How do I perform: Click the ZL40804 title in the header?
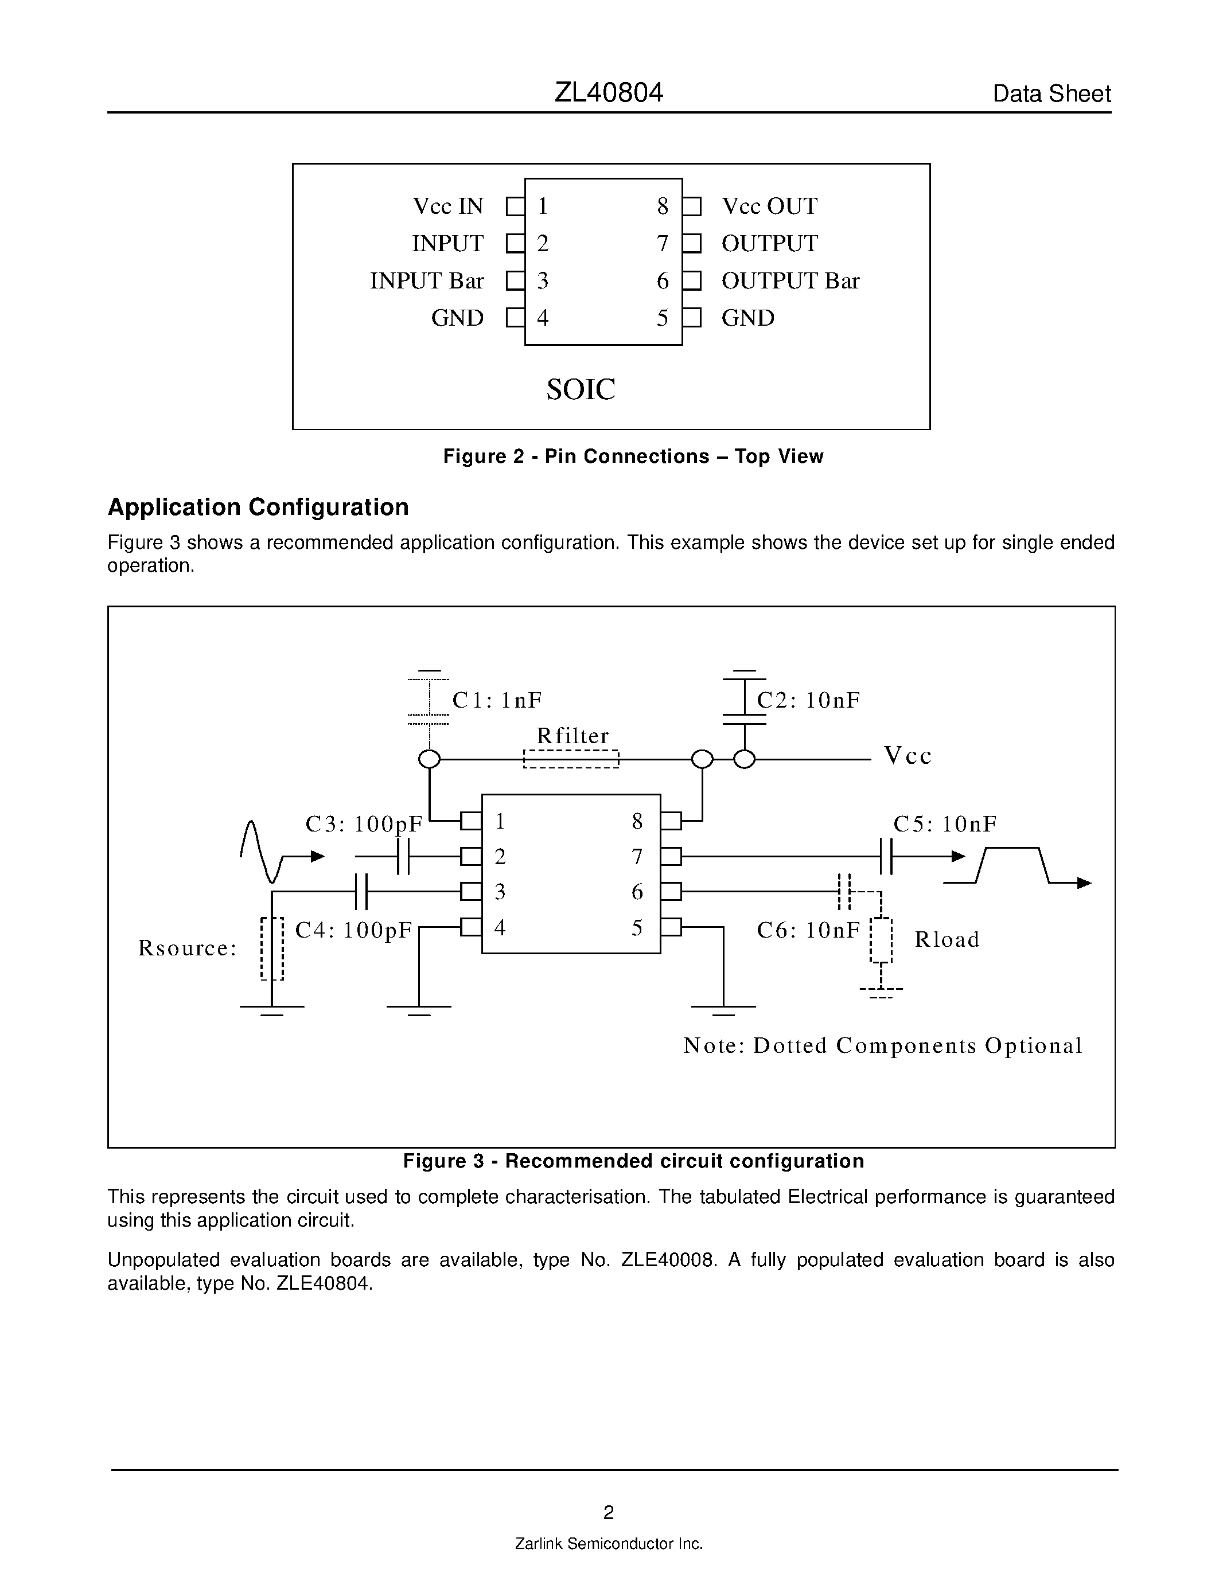(x=608, y=92)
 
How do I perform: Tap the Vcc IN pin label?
(x=448, y=206)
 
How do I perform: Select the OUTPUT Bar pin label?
(x=790, y=281)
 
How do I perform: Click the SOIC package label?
(x=581, y=390)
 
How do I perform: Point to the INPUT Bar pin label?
(x=426, y=281)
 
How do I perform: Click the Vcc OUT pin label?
(x=769, y=206)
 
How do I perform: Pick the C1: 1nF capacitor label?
(x=497, y=700)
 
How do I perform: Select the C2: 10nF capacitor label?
(x=808, y=700)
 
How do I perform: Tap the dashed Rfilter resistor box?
(x=571, y=759)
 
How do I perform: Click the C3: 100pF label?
(x=363, y=824)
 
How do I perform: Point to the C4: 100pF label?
(x=353, y=930)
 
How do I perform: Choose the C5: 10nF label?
(x=945, y=824)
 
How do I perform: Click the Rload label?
(x=947, y=939)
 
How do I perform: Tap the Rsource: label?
(x=187, y=948)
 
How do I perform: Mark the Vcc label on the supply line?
(x=908, y=756)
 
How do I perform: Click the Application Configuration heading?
(x=258, y=507)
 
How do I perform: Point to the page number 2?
(x=608, y=1512)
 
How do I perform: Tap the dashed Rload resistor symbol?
(x=881, y=940)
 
